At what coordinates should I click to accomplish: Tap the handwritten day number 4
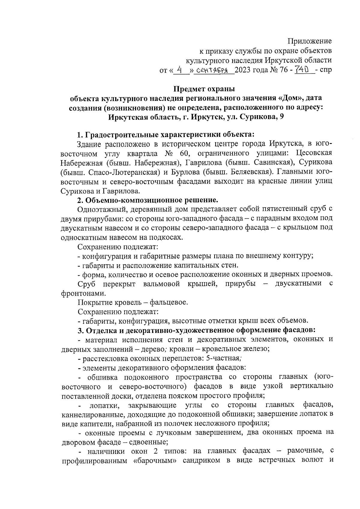179,70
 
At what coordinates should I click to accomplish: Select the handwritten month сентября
213,71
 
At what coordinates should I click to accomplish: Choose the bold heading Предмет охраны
204,89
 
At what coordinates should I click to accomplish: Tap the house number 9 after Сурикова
281,117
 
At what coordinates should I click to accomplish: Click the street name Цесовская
314,153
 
